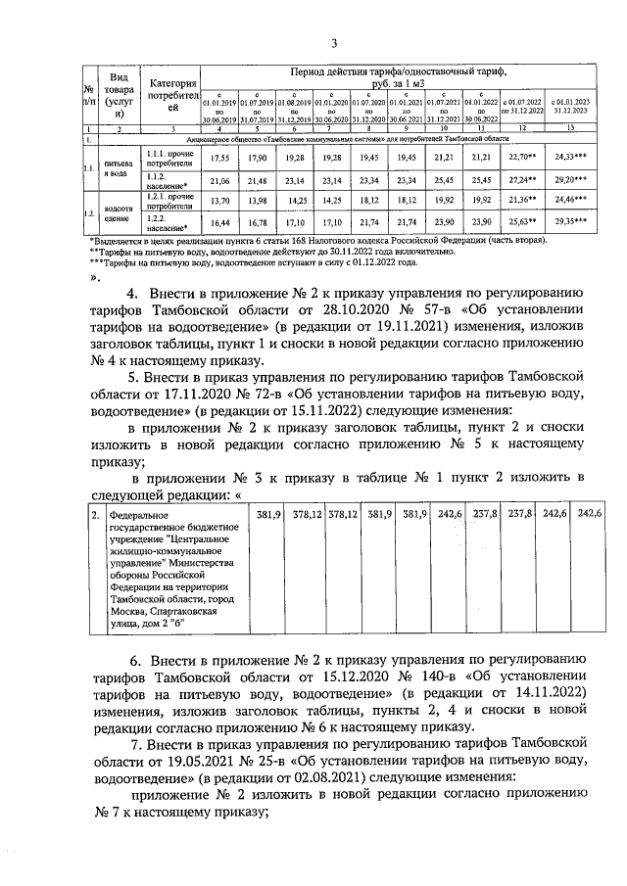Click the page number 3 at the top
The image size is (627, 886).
click(x=334, y=43)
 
